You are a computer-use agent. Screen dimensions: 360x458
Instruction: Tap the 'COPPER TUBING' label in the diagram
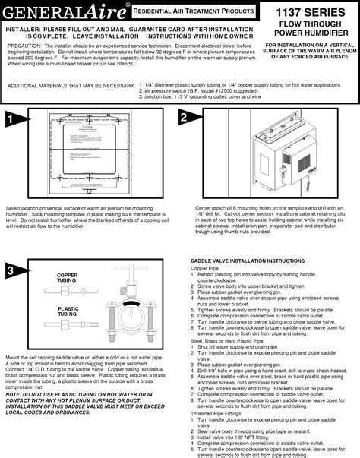click(x=68, y=277)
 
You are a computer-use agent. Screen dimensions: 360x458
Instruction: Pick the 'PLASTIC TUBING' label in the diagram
click(x=68, y=311)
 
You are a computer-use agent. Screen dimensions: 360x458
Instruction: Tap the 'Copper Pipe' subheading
click(x=204, y=268)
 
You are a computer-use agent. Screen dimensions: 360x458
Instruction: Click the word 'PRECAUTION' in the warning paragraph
click(x=24, y=46)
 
